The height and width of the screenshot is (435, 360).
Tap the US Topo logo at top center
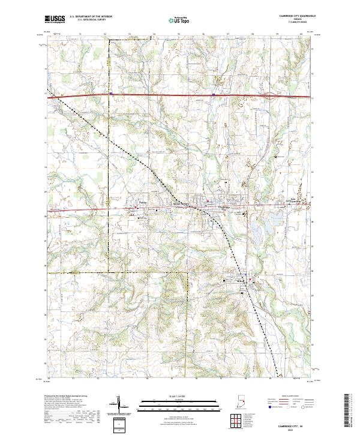click(x=176, y=20)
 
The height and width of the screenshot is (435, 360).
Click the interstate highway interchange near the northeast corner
click(x=272, y=95)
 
